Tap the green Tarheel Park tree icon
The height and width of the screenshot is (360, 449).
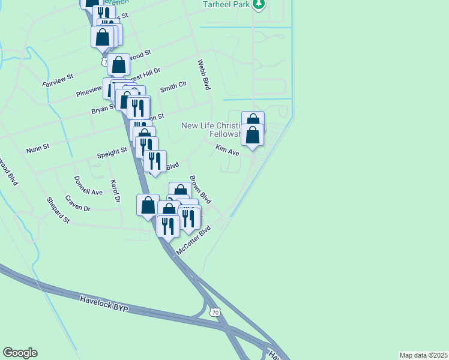[259, 5]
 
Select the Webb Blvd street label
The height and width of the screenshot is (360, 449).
[205, 74]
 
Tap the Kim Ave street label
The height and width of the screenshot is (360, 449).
[228, 153]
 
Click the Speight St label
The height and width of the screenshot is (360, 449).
[113, 154]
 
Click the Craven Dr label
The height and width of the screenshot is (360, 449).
[77, 203]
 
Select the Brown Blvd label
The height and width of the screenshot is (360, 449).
[200, 190]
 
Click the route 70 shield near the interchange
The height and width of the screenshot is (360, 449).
[215, 313]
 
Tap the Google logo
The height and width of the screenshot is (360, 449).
[20, 353]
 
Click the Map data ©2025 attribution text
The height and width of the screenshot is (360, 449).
[423, 355]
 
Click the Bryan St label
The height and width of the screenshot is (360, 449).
[102, 109]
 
